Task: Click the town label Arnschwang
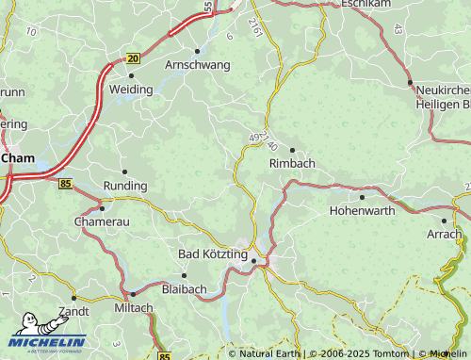(197, 65)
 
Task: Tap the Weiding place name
(131, 90)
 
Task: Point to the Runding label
(124, 187)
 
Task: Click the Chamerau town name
(103, 221)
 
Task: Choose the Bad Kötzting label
(213, 254)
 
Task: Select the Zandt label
(73, 311)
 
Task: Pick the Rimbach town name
(292, 164)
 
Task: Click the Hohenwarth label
(362, 212)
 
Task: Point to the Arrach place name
(445, 235)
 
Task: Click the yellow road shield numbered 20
(132, 58)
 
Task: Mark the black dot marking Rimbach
(292, 150)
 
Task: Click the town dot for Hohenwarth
(362, 197)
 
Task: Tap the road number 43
(397, 31)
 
